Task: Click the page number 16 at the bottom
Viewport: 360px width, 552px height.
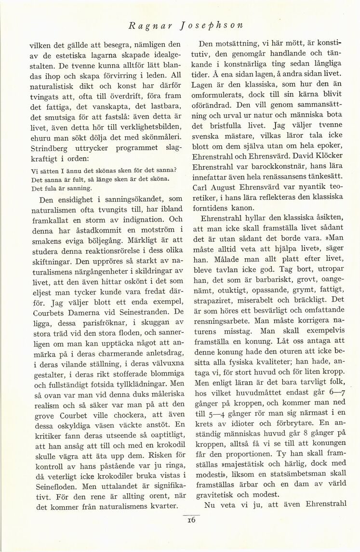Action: tap(190, 520)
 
